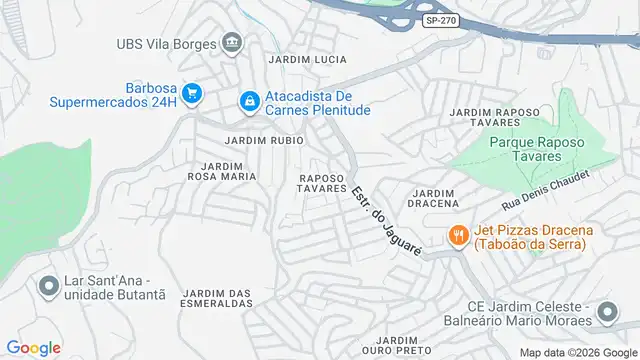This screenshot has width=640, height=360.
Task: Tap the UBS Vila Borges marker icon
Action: (x=233, y=42)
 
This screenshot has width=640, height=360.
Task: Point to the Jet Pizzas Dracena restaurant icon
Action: (x=459, y=235)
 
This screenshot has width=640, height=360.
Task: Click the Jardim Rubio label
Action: (x=265, y=140)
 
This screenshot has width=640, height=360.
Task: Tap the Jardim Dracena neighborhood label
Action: (x=434, y=197)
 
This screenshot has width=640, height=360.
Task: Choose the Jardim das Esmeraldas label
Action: (x=216, y=297)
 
